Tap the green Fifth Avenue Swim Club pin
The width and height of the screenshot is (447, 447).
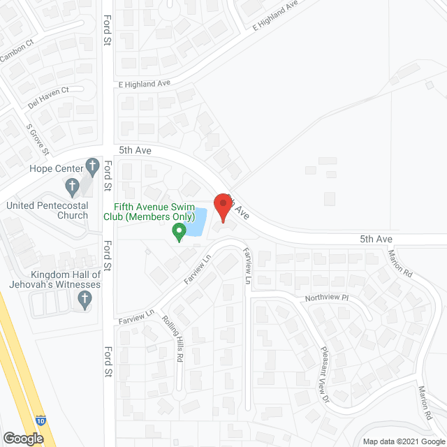point(179,233)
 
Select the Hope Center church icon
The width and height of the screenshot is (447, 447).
point(91,168)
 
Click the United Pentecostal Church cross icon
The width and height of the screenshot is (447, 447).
point(72,187)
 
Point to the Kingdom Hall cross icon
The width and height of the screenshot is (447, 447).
point(85,300)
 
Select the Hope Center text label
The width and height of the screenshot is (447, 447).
point(56,168)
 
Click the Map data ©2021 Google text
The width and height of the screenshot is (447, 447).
point(403,441)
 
